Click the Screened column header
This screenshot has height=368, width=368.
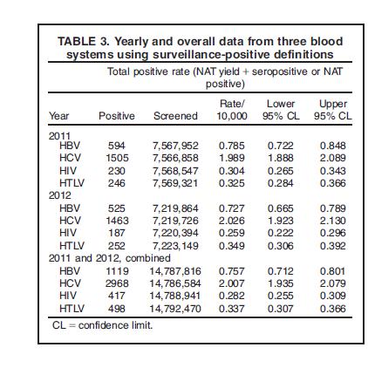coord(175,116)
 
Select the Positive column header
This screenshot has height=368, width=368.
coord(117,116)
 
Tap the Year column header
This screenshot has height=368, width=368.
coord(59,116)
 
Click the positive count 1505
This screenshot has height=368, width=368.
coord(117,158)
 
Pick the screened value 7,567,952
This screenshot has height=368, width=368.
coord(175,146)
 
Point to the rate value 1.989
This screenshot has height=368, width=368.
coord(232,158)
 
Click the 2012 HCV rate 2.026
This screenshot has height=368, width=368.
coord(232,221)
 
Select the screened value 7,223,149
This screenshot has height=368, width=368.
coord(175,246)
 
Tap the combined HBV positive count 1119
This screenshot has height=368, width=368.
coord(117,271)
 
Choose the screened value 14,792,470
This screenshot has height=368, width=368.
coord(175,309)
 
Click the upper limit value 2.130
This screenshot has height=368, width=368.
coord(333,221)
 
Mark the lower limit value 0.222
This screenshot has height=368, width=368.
coord(281,233)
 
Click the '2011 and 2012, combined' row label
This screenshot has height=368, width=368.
coord(110,258)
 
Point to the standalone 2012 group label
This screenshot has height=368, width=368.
coord(60,195)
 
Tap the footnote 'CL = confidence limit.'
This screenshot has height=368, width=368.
coord(102,325)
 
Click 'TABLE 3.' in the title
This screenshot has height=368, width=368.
coord(84,41)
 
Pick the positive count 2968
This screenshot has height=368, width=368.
coord(117,283)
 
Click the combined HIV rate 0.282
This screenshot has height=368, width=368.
coord(232,296)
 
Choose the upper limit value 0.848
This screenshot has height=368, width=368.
coord(333,146)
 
